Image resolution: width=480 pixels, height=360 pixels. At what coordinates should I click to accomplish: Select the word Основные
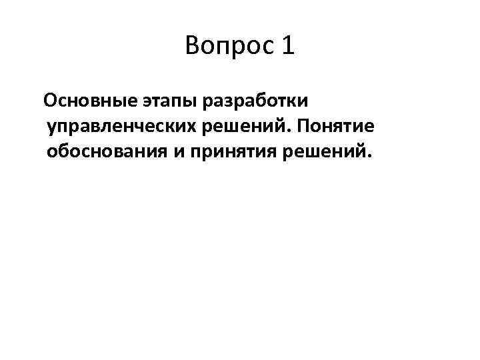[89, 101]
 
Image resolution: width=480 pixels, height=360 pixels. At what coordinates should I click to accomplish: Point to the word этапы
[166, 102]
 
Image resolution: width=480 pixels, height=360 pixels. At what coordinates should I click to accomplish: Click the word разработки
[251, 102]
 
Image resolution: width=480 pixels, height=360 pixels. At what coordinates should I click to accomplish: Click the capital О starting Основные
[50, 101]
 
